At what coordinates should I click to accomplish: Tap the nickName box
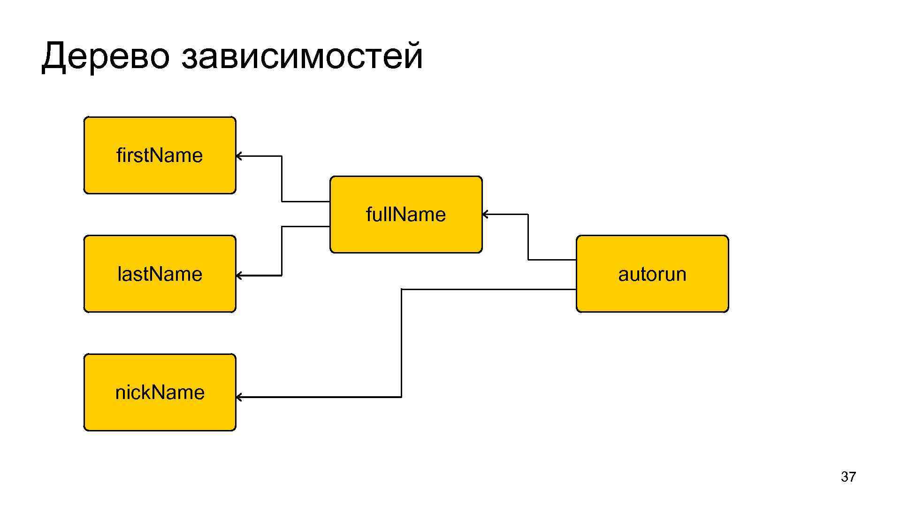pyautogui.click(x=160, y=413)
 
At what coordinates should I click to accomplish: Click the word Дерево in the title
pyautogui.click(x=105, y=56)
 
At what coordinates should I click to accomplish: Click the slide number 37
pyautogui.click(x=848, y=477)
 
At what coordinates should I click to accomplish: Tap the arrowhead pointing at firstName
pyautogui.click(x=238, y=156)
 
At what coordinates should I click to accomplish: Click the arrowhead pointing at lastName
pyautogui.click(x=238, y=276)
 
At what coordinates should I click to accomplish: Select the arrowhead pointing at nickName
pyautogui.click(x=238, y=397)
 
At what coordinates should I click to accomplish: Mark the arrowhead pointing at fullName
pyautogui.click(x=485, y=215)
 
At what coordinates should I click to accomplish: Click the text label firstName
pyautogui.click(x=160, y=155)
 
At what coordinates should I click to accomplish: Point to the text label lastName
pyautogui.click(x=160, y=274)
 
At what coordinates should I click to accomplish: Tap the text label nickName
pyautogui.click(x=160, y=392)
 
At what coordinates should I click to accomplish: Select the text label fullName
pyautogui.click(x=406, y=215)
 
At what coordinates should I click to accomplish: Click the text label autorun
pyautogui.click(x=652, y=274)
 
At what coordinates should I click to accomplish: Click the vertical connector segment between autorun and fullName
pyautogui.click(x=528, y=237)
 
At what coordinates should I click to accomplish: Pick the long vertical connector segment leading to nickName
pyautogui.click(x=401, y=343)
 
